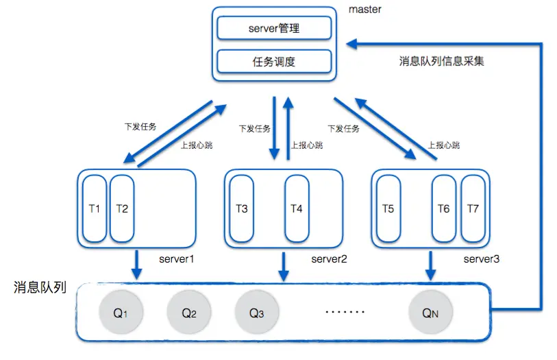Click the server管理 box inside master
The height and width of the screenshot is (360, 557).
[x=274, y=29]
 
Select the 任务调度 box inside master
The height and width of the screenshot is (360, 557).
[x=274, y=62]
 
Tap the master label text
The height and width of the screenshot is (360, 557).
[x=365, y=10]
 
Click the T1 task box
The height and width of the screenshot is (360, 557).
[x=95, y=208]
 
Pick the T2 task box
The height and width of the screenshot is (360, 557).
[x=122, y=208]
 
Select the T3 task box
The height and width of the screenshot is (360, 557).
[x=242, y=208]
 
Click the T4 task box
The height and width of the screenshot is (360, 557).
[x=297, y=208]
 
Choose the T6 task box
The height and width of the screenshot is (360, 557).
[x=443, y=208]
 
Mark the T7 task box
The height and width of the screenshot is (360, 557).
[x=473, y=208]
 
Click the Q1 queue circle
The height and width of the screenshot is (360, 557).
[x=121, y=313]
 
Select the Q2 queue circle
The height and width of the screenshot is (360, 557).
[x=189, y=313]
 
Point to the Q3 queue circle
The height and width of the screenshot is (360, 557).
[x=256, y=313]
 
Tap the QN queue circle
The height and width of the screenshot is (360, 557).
[x=430, y=313]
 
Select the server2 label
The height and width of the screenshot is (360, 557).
[x=330, y=259]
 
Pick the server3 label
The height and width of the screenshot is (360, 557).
[x=482, y=259]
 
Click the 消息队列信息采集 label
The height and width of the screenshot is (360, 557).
[x=442, y=61]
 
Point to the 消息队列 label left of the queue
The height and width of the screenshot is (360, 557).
[x=40, y=287]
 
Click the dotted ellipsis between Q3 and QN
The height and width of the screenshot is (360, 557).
[x=345, y=313]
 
